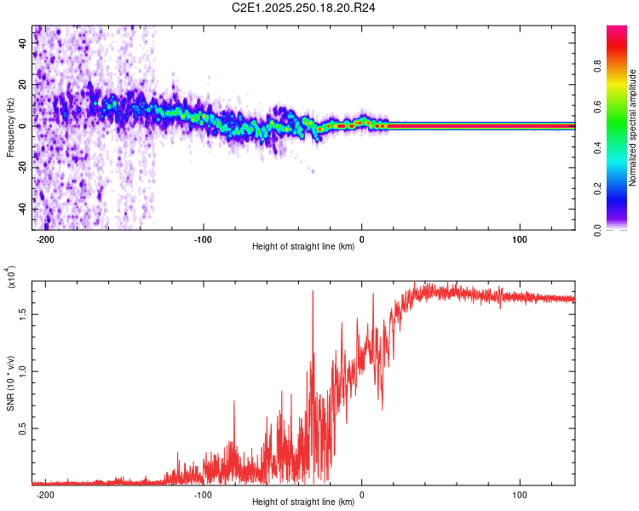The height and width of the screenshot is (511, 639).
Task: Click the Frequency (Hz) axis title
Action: pos(10,129)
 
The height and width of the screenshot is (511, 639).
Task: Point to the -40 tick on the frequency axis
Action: pos(23,210)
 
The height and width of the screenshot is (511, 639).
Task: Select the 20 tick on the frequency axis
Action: pos(23,84)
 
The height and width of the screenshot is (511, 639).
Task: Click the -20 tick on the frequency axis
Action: pos(23,168)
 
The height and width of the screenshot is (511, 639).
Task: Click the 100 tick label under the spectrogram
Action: pos(520,238)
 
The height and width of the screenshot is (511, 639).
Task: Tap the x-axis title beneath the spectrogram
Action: pos(304,247)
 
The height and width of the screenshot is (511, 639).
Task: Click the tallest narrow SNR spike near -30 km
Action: pos(313,292)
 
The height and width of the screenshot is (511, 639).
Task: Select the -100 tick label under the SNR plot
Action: pos(203,494)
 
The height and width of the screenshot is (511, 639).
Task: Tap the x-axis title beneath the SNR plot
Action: pos(304,502)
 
